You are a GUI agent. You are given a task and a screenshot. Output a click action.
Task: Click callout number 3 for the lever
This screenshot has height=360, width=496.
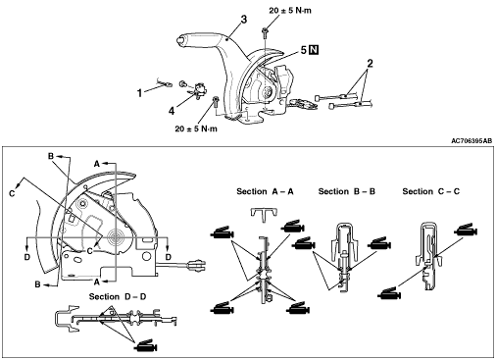[x=244, y=20]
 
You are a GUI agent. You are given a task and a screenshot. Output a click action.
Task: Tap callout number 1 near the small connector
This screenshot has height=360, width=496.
[x=139, y=93]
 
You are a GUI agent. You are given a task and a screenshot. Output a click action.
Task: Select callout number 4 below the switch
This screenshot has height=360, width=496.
[x=172, y=111]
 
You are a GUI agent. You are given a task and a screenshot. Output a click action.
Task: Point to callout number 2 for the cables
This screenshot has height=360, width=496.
[x=370, y=63]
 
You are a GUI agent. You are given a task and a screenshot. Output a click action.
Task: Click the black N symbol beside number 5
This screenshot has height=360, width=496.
[x=314, y=50]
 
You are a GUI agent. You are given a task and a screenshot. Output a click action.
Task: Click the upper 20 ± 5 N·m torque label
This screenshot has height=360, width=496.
[x=290, y=11]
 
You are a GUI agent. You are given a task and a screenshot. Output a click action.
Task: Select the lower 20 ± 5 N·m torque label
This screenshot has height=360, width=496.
[x=196, y=129]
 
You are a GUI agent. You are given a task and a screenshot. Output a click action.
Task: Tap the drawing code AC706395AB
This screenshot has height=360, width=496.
[x=471, y=141]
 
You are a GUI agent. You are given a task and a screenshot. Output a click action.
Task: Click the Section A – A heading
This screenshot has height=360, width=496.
[x=265, y=191]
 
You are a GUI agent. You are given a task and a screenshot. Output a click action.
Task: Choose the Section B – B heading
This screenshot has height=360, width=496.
[x=347, y=191]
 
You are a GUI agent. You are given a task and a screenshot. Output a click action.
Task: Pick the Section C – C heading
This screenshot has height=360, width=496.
[x=431, y=191]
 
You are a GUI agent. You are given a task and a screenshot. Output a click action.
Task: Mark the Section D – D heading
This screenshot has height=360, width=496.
[x=118, y=297]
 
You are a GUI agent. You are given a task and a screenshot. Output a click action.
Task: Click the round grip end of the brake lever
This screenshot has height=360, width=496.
[x=180, y=40]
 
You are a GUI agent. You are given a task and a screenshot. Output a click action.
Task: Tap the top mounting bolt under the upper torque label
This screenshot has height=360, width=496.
[x=265, y=31]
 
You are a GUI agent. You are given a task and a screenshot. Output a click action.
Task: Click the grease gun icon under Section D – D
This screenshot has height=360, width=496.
[x=146, y=345]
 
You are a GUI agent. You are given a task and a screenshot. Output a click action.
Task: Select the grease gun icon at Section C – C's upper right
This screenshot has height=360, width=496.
[x=466, y=230]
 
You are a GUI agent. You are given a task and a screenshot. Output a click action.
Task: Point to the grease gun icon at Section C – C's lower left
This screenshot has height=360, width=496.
[x=389, y=293]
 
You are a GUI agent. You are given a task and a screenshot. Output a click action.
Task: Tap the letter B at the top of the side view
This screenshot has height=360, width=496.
[x=51, y=156]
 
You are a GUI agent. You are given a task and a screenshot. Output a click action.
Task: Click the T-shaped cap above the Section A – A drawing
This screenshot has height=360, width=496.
[x=265, y=214]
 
